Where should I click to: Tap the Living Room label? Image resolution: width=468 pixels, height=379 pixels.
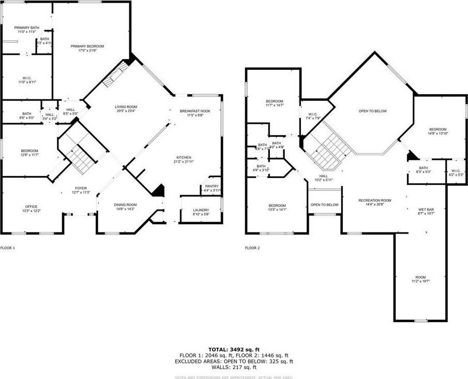click(x=126, y=107)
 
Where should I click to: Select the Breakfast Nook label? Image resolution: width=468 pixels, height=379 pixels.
click(x=195, y=111)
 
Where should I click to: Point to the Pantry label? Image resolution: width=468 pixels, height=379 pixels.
click(x=212, y=186)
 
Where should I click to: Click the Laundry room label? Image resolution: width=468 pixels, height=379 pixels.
click(x=201, y=210)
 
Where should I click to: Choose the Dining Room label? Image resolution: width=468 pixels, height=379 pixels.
click(x=125, y=205)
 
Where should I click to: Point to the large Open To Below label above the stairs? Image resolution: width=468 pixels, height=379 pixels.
click(x=373, y=111)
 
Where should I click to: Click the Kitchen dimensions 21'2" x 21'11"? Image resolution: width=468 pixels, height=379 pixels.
click(x=184, y=162)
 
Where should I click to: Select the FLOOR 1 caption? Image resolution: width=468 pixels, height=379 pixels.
click(x=8, y=248)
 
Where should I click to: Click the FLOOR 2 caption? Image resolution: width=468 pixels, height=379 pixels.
click(x=252, y=248)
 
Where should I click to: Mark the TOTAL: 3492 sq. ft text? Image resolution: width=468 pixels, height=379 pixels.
click(x=234, y=349)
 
